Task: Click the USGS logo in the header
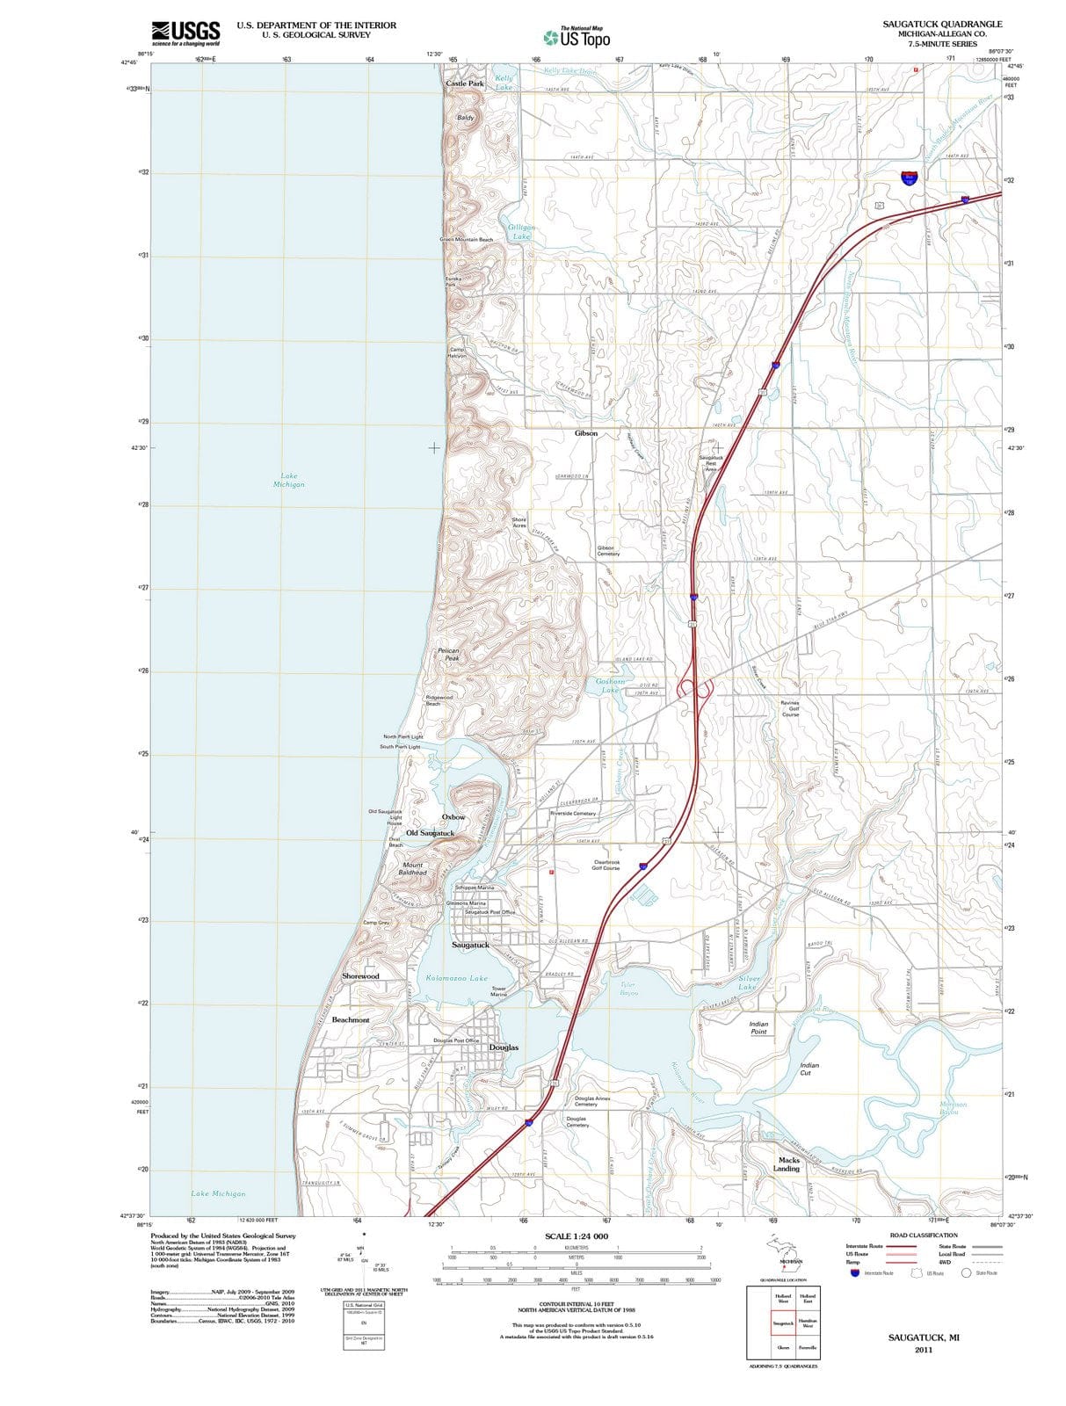pos(185,33)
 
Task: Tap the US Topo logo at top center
pos(577,37)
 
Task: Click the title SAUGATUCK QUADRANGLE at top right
pos(942,24)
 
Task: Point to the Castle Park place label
pos(464,83)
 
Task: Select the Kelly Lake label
pos(504,83)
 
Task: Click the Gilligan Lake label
pos(521,232)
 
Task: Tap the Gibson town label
pos(586,433)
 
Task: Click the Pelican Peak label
pos(448,654)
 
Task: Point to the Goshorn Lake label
pos(610,685)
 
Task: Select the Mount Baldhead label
pos(412,868)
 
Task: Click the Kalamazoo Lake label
pos(456,977)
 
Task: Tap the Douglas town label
pos(504,1047)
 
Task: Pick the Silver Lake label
pos(748,982)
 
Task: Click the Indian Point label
pos(758,1027)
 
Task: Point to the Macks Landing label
pos(787,1164)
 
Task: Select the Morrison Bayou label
pos(953,1108)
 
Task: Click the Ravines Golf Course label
pos(790,708)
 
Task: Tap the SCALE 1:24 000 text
pos(576,1236)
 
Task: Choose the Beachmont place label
pos(350,1019)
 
